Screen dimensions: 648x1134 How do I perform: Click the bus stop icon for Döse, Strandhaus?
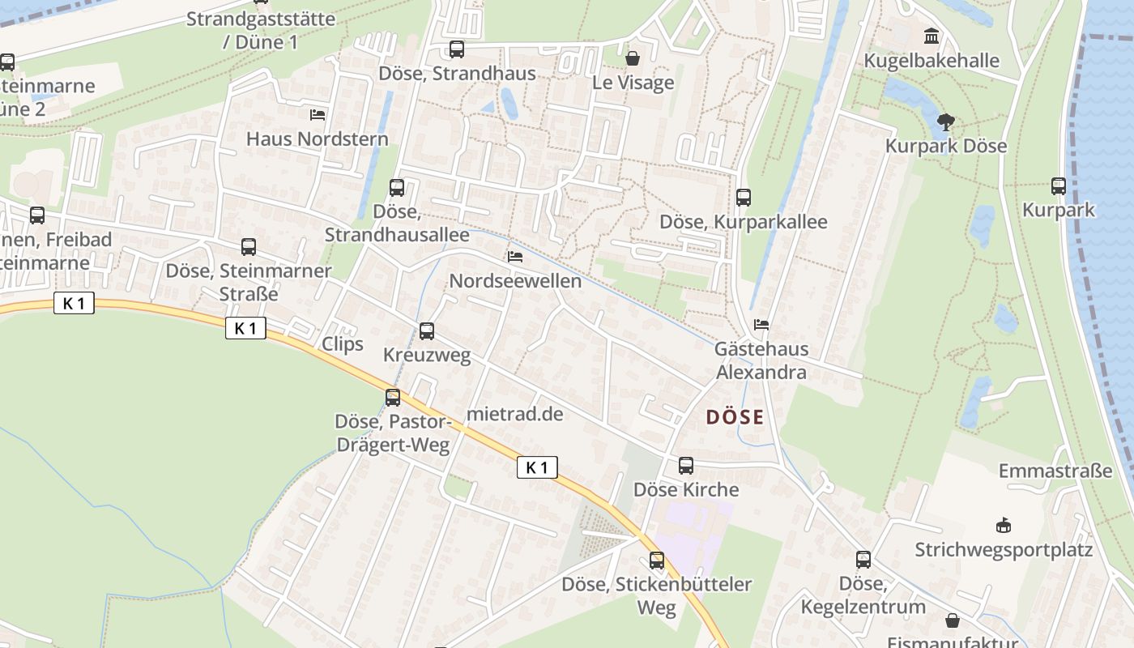457,49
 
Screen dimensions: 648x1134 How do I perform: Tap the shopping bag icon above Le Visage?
633,58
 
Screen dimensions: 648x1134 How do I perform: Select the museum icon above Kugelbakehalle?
932,36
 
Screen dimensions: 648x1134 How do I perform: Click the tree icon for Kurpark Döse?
945,122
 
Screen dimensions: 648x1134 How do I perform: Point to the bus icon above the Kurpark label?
1058,185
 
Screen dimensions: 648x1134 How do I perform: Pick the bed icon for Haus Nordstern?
318,115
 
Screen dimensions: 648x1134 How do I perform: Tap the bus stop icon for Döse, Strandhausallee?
397,188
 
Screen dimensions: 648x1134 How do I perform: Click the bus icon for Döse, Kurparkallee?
743,197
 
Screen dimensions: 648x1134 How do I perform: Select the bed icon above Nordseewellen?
514,257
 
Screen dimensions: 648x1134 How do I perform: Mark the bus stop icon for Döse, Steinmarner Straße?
249,247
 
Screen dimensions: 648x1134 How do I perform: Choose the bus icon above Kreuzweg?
427,331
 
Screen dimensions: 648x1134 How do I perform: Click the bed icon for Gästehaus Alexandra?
761,325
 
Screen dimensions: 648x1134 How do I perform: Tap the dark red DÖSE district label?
735,417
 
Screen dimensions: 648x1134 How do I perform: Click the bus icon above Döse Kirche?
686,466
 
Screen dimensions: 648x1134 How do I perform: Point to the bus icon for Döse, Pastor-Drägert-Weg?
393,398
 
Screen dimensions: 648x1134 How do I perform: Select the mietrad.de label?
514,414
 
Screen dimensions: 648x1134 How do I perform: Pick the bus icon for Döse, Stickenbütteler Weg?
657,561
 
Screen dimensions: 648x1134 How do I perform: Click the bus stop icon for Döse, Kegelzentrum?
863,560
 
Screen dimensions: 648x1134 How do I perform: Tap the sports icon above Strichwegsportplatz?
1004,526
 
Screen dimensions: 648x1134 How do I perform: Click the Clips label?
343,344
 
